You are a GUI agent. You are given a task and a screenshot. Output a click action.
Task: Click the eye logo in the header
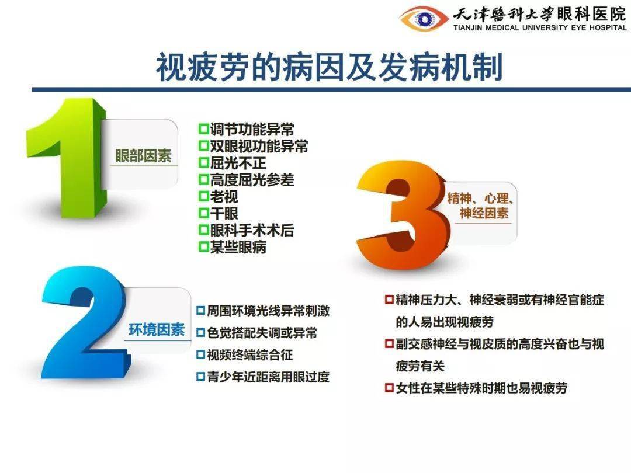424,19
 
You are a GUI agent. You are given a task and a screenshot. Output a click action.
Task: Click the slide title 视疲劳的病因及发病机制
329,68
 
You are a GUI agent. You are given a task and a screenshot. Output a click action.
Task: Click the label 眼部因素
143,156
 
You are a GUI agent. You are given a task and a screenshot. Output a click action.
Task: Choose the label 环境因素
156,329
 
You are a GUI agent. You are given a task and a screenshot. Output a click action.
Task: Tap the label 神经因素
484,213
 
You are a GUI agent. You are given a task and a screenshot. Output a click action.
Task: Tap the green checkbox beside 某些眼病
203,247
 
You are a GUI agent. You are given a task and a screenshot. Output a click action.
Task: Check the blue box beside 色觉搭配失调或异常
200,333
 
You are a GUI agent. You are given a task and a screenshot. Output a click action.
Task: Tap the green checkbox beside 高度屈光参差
203,180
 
